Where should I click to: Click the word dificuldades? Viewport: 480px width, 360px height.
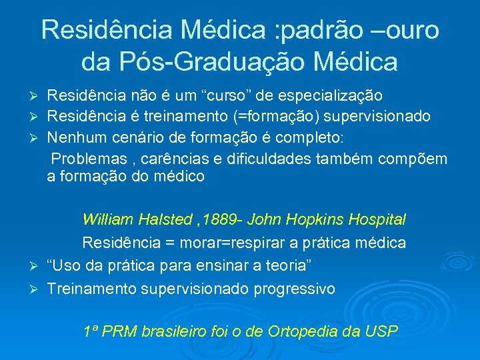pos(281,158)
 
